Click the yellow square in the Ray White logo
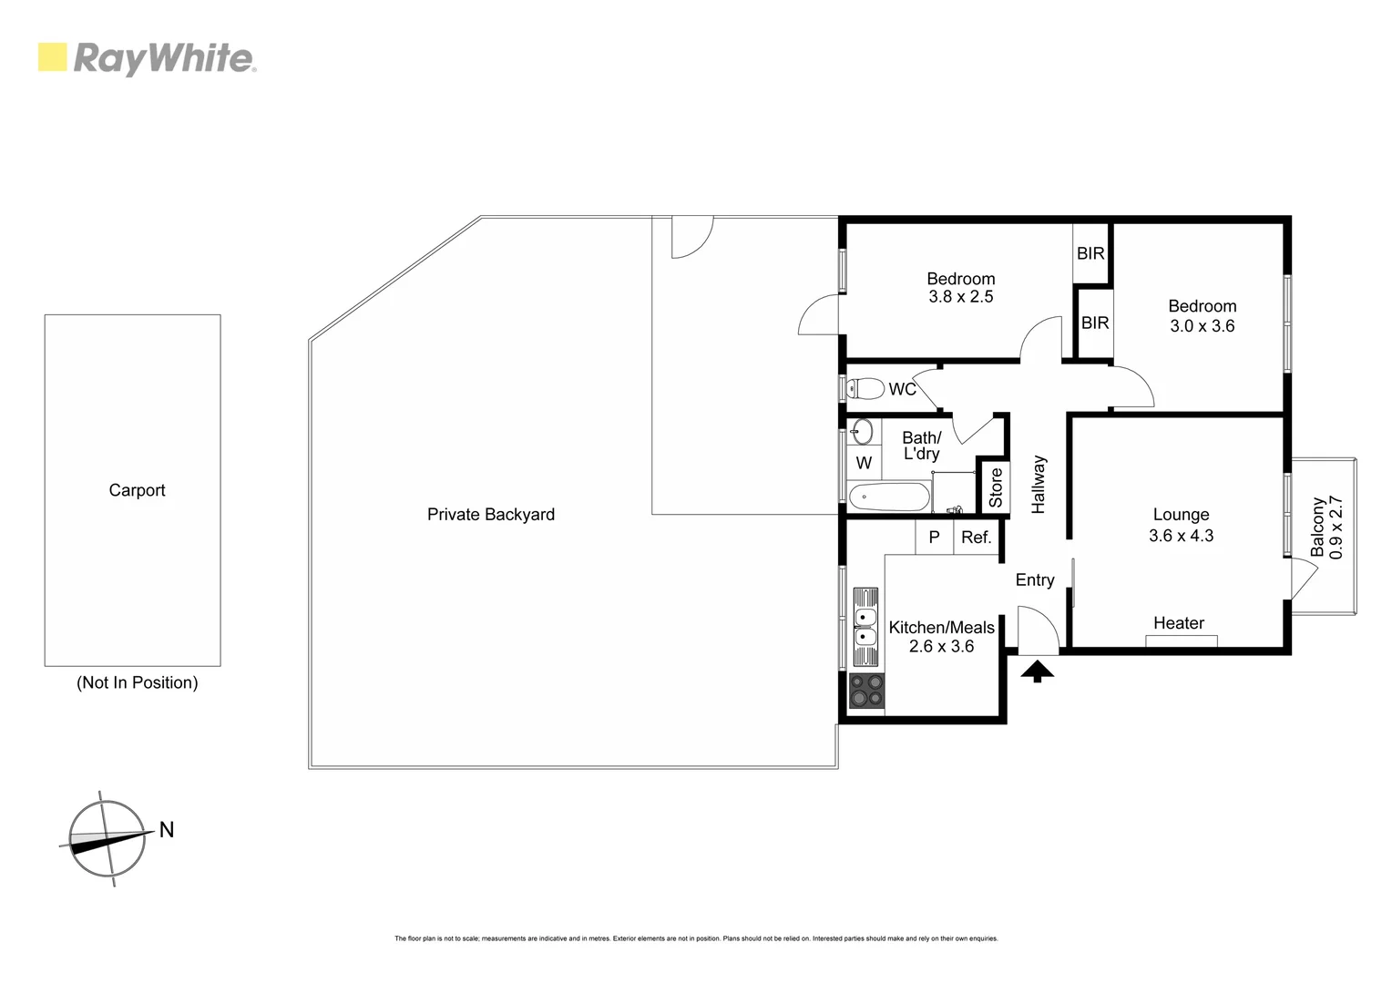coord(52,57)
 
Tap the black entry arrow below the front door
coord(1037,672)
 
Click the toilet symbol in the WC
coord(865,389)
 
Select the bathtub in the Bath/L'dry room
coord(888,497)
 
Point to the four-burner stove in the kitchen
coord(865,691)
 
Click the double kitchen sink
coord(865,628)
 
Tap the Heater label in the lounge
coord(1179,623)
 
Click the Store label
coord(995,487)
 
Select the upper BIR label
coord(1090,253)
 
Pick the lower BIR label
coord(1094,323)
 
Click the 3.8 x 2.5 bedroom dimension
coord(960,297)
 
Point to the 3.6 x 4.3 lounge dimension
coord(1181,536)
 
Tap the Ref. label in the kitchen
coord(976,538)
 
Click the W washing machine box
coord(864,463)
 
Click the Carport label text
coord(137,490)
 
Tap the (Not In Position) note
coord(137,682)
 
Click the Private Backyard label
coord(490,515)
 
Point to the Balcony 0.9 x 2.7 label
coord(1327,528)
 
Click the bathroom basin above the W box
coord(862,431)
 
